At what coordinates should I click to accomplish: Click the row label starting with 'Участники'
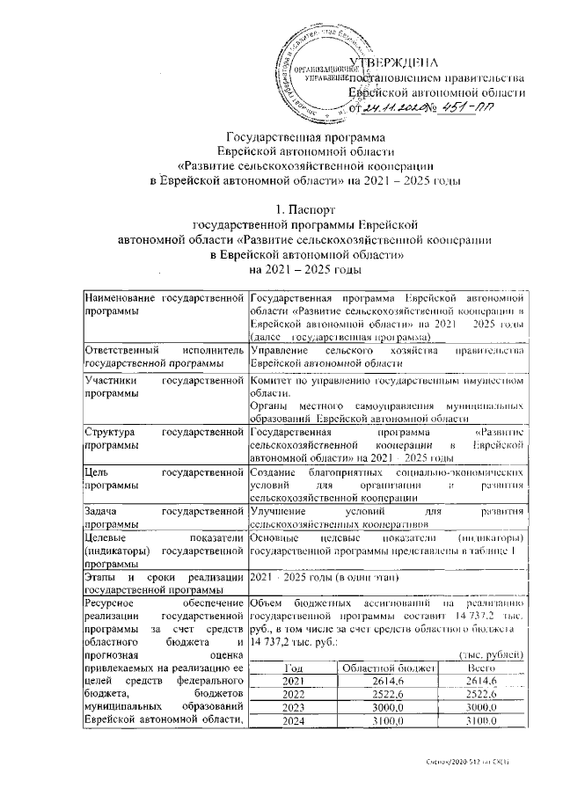[x=163, y=387]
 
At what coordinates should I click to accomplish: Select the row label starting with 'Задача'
[x=163, y=516]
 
